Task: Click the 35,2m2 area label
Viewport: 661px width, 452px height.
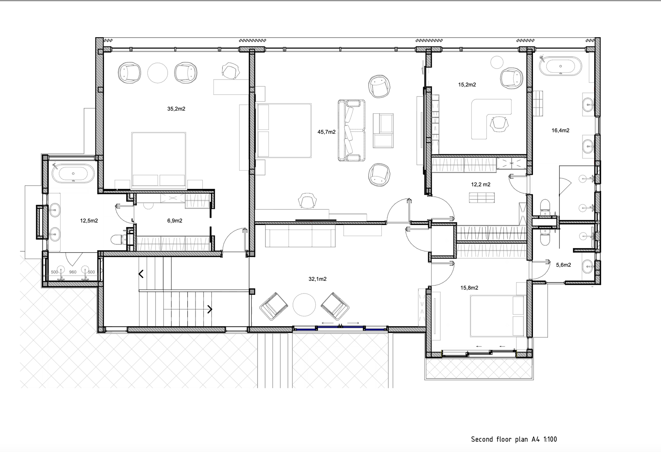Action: click(176, 109)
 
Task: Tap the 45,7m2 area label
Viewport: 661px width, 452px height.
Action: click(326, 132)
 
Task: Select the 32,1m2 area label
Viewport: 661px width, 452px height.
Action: click(317, 279)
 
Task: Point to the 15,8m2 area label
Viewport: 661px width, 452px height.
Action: click(469, 288)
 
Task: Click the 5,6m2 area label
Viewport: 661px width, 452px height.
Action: click(564, 265)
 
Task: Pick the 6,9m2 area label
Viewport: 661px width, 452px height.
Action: click(175, 220)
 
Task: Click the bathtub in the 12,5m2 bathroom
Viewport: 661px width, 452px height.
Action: click(73, 173)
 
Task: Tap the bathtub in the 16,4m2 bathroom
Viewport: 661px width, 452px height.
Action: click(560, 66)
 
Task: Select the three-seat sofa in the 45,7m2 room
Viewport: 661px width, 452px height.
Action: click(352, 131)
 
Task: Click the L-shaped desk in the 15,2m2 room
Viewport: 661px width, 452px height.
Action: click(491, 119)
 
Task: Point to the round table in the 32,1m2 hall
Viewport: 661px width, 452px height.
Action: click(304, 305)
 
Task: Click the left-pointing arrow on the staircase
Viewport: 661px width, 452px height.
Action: click(141, 274)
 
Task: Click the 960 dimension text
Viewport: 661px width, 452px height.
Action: click(73, 272)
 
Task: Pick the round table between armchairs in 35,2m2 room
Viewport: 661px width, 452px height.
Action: click(158, 72)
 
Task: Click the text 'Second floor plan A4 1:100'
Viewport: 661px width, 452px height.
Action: click(514, 439)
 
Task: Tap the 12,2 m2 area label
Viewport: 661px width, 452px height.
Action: click(481, 185)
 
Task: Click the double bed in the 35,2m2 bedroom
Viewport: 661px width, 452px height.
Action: click(159, 161)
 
